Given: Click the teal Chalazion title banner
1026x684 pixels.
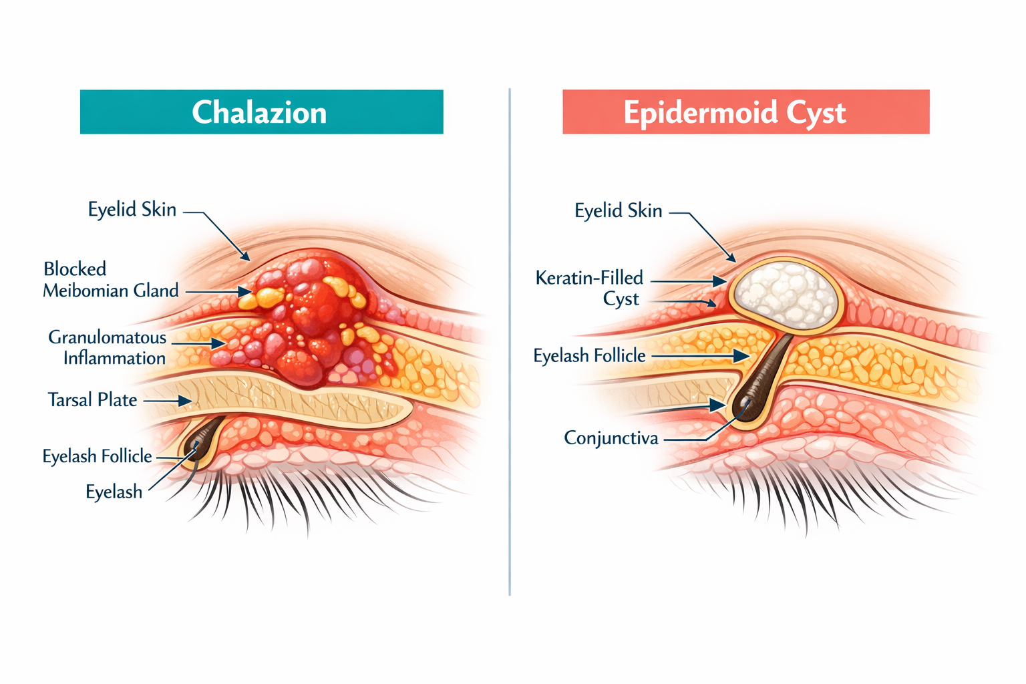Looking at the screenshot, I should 261,112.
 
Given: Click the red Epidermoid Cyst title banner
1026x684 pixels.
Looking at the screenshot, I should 745,112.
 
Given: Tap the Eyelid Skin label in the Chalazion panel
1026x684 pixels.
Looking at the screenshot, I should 132,210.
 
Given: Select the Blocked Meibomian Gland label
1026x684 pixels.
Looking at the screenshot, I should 111,280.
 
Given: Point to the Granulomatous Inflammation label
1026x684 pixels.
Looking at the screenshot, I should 108,347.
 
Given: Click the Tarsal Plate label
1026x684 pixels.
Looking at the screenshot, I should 92,400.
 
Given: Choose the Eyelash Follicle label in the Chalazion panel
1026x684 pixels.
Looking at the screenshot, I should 98,456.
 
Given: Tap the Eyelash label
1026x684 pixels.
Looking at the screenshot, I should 114,492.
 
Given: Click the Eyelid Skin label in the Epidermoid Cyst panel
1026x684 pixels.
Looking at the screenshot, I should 618,211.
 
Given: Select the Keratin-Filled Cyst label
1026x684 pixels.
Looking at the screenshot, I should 589,288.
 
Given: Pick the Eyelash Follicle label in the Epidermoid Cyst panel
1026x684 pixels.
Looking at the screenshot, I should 589,356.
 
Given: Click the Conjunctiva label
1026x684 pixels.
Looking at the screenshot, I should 611,438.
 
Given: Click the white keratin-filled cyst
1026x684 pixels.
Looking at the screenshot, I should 786,294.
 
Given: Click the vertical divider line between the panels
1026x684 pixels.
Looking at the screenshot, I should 510,341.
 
